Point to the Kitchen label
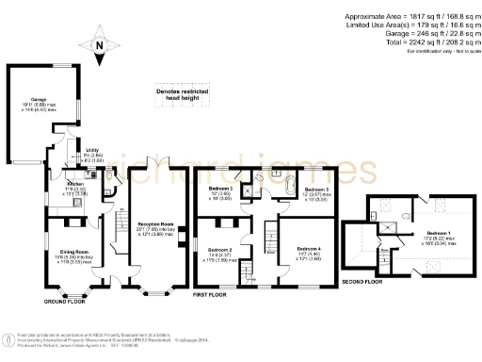(74, 185)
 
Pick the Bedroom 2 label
(221, 251)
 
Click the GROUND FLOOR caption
(65, 301)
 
